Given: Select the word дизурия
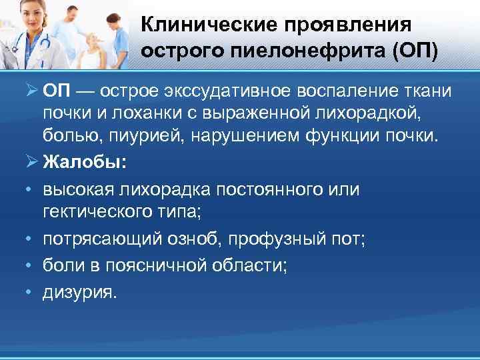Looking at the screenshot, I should click(79, 292).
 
